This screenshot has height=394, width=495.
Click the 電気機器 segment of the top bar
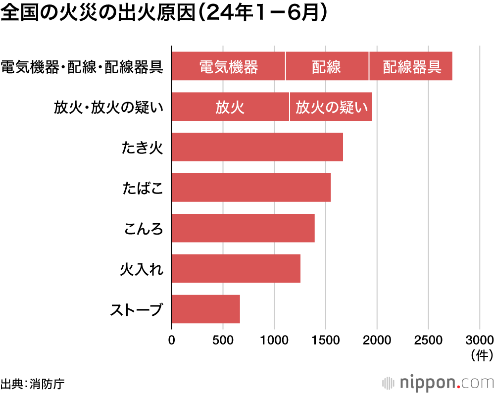[229, 66]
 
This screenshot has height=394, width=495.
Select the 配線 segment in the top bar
[327, 66]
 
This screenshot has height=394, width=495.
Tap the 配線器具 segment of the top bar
[411, 66]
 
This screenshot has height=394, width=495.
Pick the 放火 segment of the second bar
[230, 106]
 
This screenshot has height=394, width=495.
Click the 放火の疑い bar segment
[331, 106]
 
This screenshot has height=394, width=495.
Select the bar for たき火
[257, 147]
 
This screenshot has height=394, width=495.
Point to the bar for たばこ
[251, 188]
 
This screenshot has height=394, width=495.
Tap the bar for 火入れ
[236, 269]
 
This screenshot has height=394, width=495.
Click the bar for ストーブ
[206, 309]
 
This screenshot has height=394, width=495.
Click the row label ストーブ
[136, 310]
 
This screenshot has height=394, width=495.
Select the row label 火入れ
[142, 269]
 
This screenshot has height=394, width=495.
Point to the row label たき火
[143, 148]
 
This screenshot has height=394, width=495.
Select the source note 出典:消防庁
[33, 383]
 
